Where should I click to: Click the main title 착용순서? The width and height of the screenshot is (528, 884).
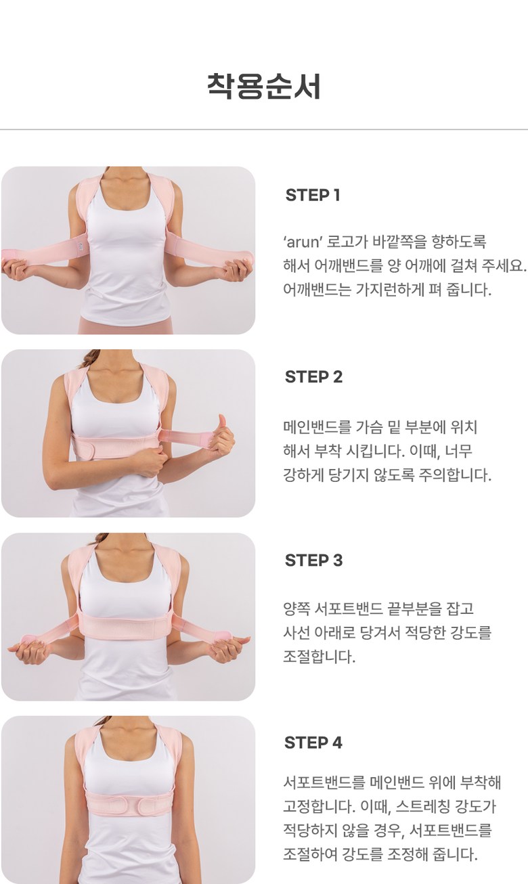click(x=263, y=86)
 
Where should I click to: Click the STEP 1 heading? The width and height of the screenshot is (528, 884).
click(x=313, y=195)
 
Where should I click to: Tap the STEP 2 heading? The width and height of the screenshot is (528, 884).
click(x=313, y=377)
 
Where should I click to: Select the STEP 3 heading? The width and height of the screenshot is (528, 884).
click(x=313, y=560)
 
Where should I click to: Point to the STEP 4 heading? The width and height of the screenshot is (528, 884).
click(x=313, y=743)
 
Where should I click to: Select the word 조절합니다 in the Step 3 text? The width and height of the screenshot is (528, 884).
click(x=320, y=657)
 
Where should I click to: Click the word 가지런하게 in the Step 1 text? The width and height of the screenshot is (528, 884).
click(x=388, y=290)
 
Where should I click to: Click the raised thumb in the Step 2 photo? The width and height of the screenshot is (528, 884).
click(x=222, y=422)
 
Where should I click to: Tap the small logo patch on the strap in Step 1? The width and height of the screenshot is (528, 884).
click(x=82, y=246)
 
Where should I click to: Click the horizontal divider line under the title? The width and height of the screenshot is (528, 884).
click(x=264, y=129)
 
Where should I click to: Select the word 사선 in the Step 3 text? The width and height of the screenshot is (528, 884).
click(x=296, y=633)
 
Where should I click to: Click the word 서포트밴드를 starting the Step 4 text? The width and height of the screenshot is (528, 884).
click(x=324, y=782)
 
